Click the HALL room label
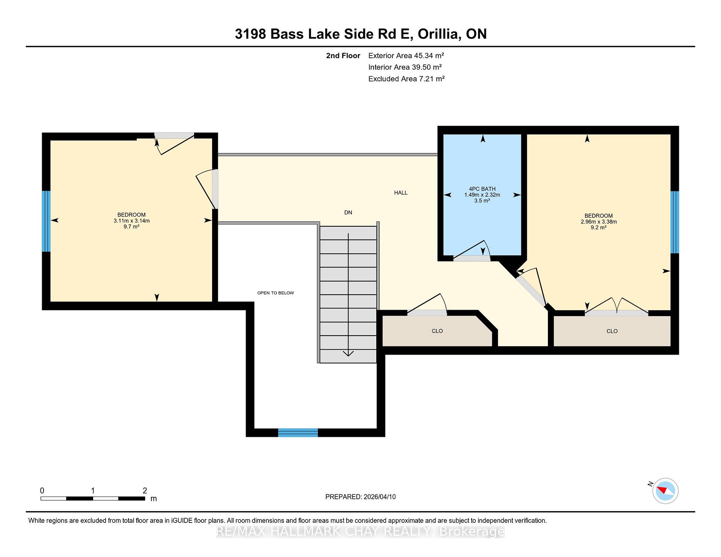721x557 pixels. tap(401, 193)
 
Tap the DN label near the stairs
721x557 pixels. tap(348, 212)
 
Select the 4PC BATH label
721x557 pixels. tap(482, 189)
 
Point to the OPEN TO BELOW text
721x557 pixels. tap(276, 293)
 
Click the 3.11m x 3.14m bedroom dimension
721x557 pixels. tap(131, 221)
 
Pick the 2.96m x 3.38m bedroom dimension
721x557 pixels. tap(599, 221)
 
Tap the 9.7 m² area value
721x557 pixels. tap(131, 226)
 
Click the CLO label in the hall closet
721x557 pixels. tap(437, 331)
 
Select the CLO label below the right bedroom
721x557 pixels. tap(612, 331)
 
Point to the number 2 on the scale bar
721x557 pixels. tap(145, 491)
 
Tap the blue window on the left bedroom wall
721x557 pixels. tap(46, 221)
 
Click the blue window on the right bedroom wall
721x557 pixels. tap(674, 222)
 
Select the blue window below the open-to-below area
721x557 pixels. tap(298, 432)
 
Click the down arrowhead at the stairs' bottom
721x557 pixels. tap(348, 353)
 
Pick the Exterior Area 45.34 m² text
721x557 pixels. tap(406, 56)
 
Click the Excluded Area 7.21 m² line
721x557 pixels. tap(406, 79)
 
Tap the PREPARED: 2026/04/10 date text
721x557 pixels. tap(360, 497)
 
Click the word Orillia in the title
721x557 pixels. tap(439, 34)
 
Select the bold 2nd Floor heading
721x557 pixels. tap(343, 56)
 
